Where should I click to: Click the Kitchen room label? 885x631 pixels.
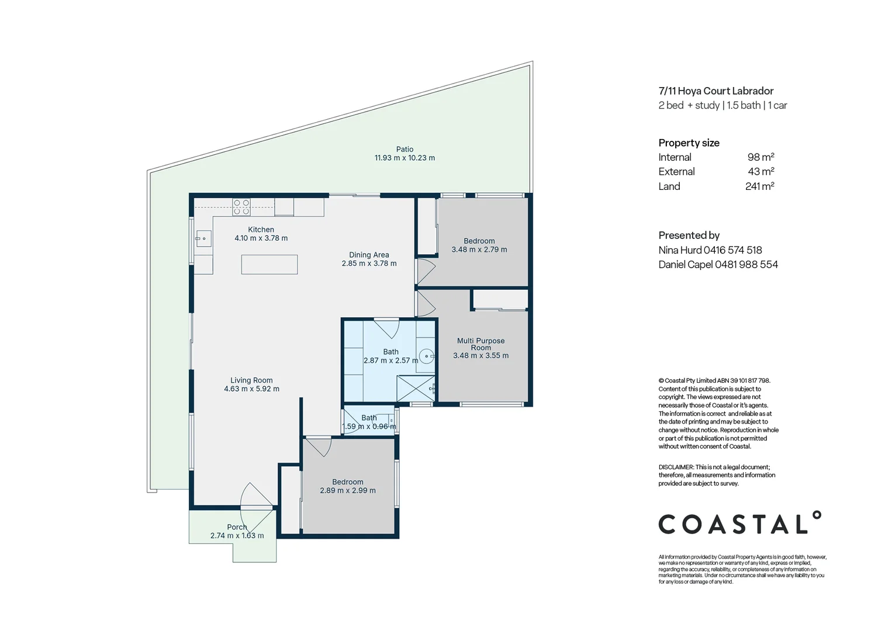click(x=261, y=230)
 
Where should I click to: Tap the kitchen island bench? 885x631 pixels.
click(x=269, y=264)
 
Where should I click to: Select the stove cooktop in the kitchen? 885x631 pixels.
click(x=241, y=207)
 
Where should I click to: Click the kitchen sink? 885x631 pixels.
click(x=203, y=238)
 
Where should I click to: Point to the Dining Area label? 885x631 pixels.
click(x=369, y=255)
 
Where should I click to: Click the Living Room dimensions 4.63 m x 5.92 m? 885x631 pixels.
click(x=251, y=389)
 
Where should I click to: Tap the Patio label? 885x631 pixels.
click(x=405, y=150)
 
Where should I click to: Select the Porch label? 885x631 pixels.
click(x=237, y=527)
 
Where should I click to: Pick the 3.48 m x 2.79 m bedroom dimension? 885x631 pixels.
click(x=479, y=249)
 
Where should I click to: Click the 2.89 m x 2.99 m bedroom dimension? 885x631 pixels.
click(x=348, y=491)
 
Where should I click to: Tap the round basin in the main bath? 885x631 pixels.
click(x=427, y=356)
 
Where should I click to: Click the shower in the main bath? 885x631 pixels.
click(x=416, y=389)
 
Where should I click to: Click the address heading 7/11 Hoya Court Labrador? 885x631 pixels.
click(x=715, y=91)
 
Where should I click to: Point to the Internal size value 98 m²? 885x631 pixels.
click(x=760, y=157)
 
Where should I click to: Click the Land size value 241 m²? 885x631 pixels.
click(x=759, y=186)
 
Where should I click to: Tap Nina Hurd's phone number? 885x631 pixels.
click(x=733, y=250)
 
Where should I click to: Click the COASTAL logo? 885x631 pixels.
click(x=739, y=523)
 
